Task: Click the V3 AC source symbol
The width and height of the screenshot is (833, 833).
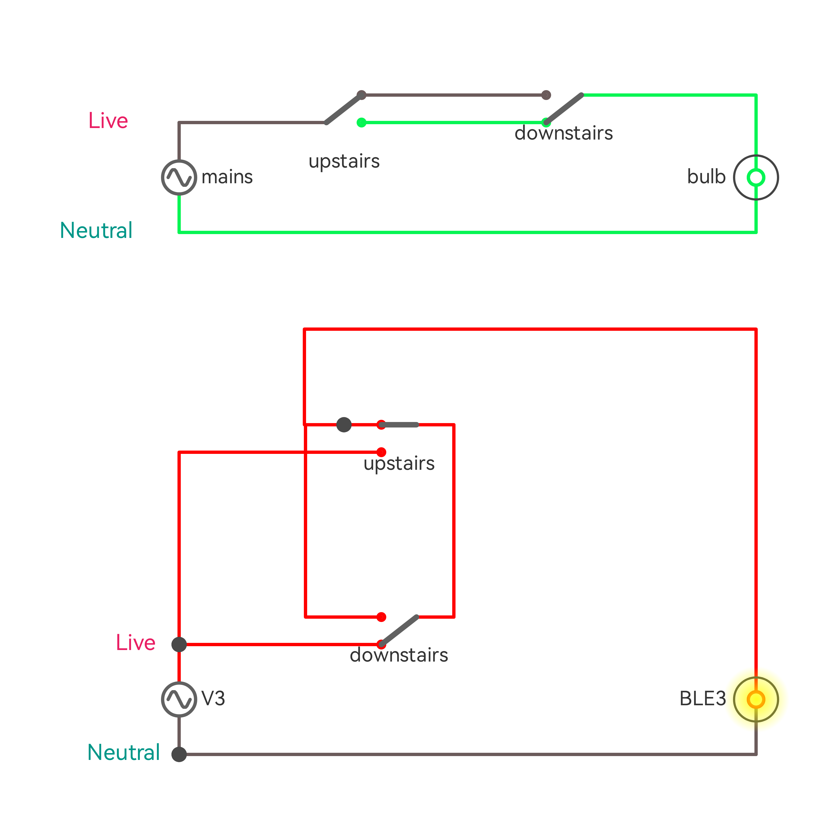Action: pos(179,699)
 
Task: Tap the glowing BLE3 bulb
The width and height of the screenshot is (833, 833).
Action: pos(756,699)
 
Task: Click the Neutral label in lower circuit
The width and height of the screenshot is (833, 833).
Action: pos(123,753)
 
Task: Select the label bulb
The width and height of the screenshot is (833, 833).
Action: pos(706,177)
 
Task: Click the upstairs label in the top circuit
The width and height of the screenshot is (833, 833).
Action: pos(344,161)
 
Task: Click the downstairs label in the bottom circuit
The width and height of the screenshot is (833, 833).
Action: pos(399,655)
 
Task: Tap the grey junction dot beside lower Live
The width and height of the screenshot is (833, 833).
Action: pos(179,645)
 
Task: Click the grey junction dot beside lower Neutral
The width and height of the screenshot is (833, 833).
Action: pos(179,754)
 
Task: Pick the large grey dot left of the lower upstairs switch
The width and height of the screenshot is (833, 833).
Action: pos(344,425)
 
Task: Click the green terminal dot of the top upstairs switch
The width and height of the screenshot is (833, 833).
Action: pos(361,123)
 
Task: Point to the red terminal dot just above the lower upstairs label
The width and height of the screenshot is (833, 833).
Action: pos(381,452)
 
